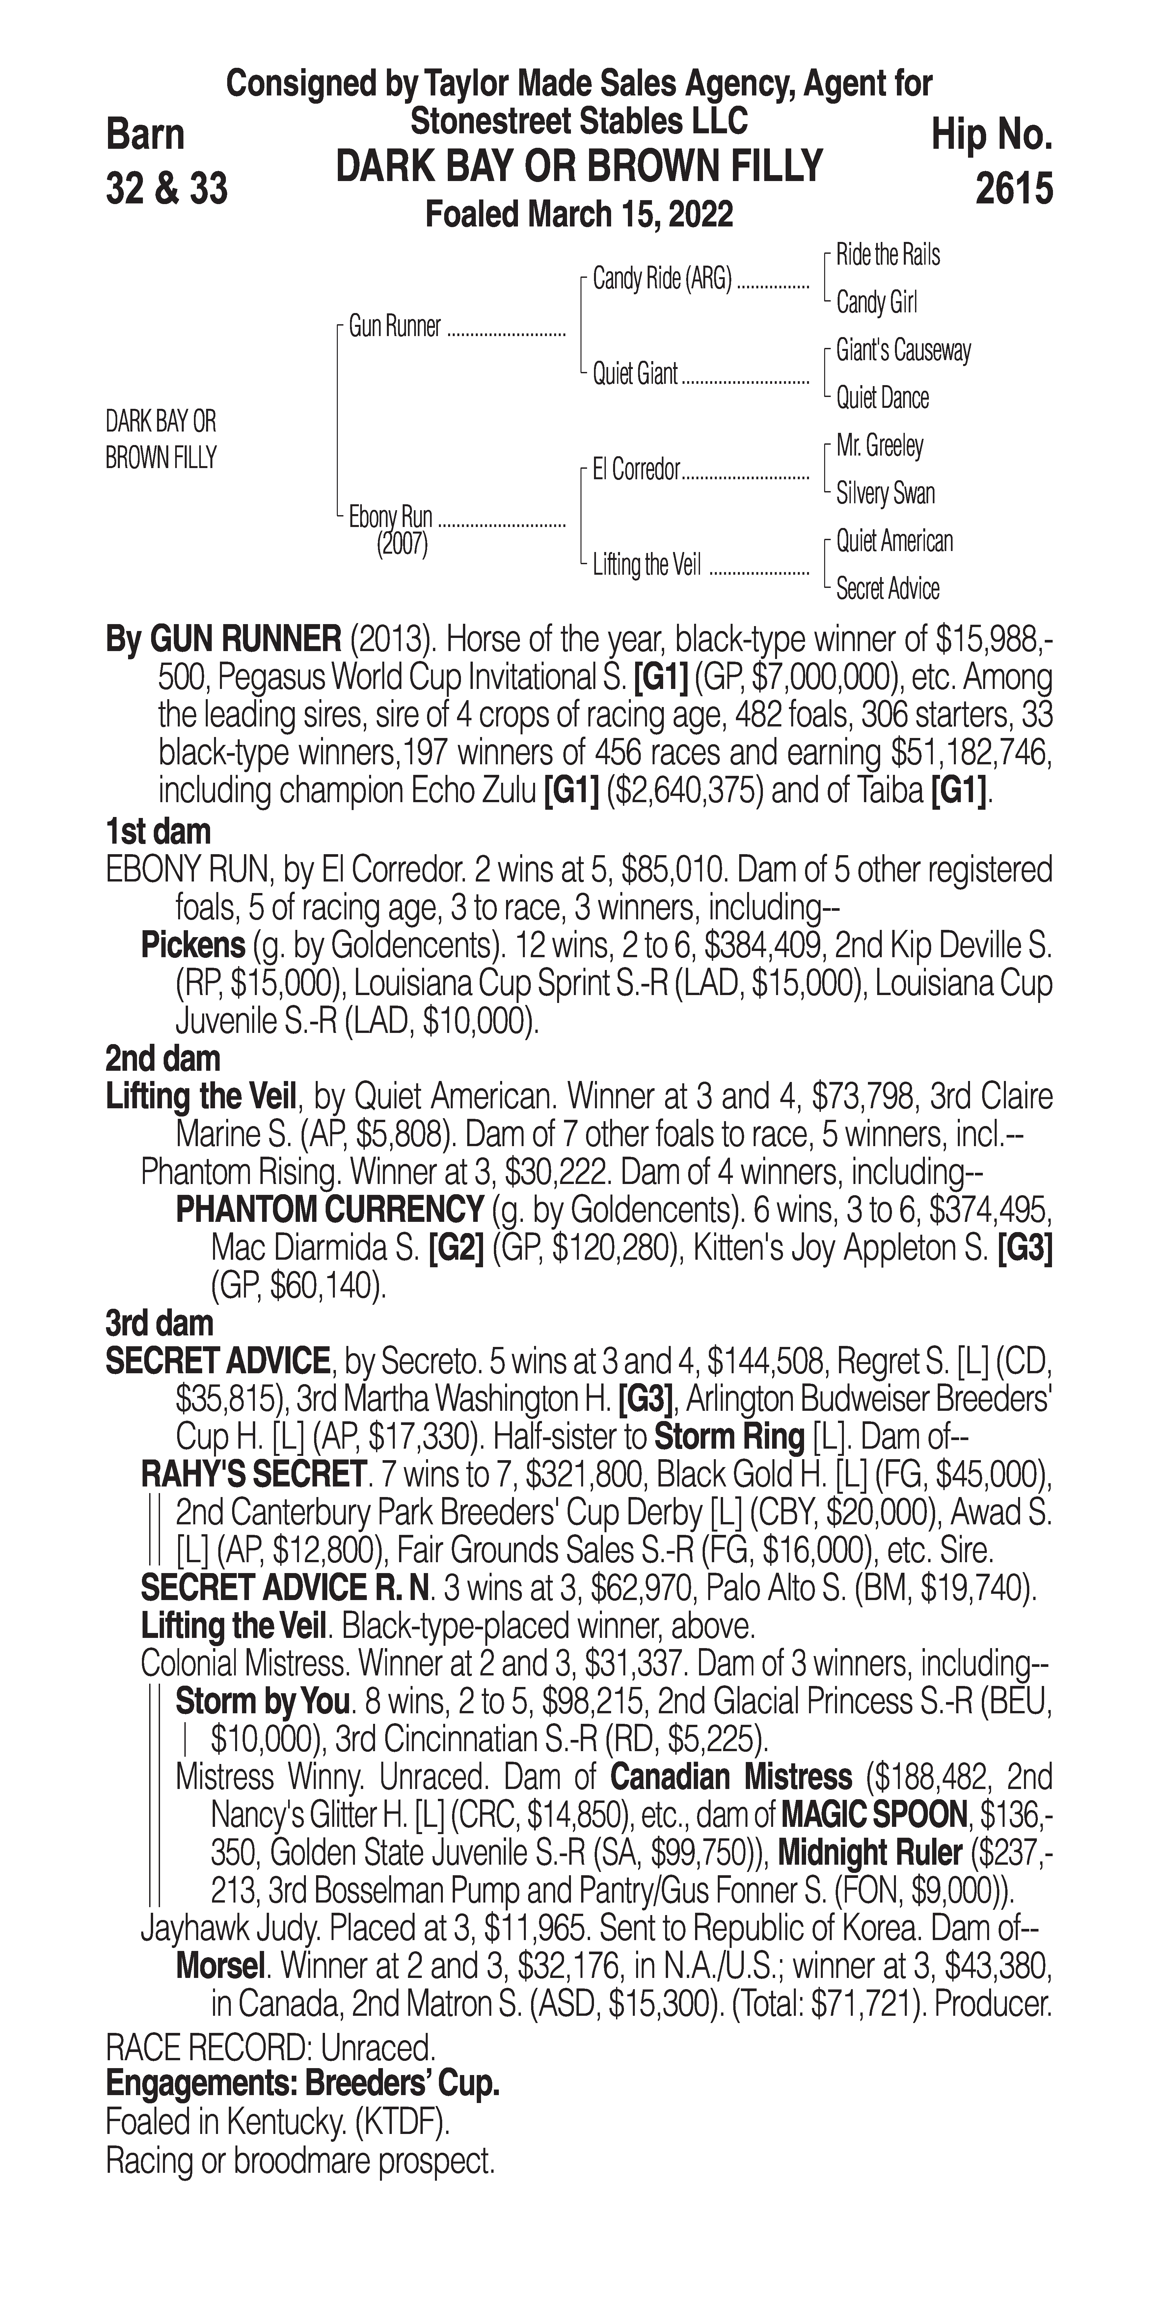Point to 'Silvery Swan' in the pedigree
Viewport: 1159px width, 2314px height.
(x=885, y=493)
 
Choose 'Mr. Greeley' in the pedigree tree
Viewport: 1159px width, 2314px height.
(x=879, y=446)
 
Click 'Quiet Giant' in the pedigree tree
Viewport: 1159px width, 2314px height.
(x=634, y=374)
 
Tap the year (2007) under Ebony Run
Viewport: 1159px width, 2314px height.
(x=402, y=544)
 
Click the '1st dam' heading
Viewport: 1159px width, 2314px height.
(x=158, y=831)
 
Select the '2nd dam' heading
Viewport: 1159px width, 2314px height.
(x=163, y=1059)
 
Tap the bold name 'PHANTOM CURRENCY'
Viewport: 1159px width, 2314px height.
(x=329, y=1210)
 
